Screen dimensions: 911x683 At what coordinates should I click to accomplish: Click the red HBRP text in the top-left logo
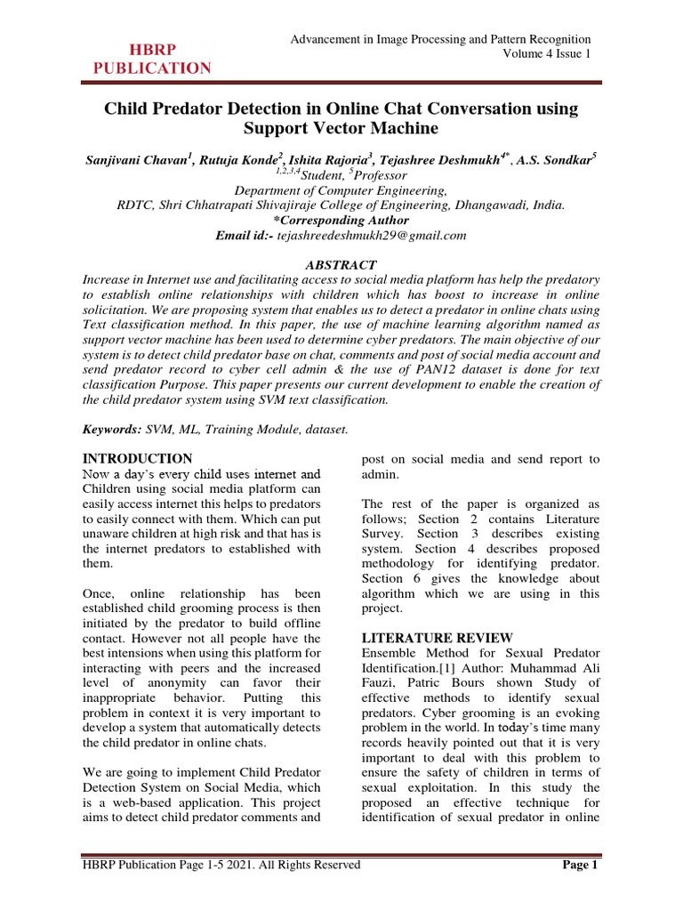153,49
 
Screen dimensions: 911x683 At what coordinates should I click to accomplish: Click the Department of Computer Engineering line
341,190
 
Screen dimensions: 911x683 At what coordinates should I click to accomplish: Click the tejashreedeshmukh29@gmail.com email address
372,235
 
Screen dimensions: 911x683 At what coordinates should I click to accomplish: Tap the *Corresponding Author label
341,220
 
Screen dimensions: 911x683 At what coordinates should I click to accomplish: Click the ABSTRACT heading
341,265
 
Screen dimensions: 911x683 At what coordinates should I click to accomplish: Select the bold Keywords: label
111,429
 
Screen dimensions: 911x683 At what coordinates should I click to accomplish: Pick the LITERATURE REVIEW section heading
437,638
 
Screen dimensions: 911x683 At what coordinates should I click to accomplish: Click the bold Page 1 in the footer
582,865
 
